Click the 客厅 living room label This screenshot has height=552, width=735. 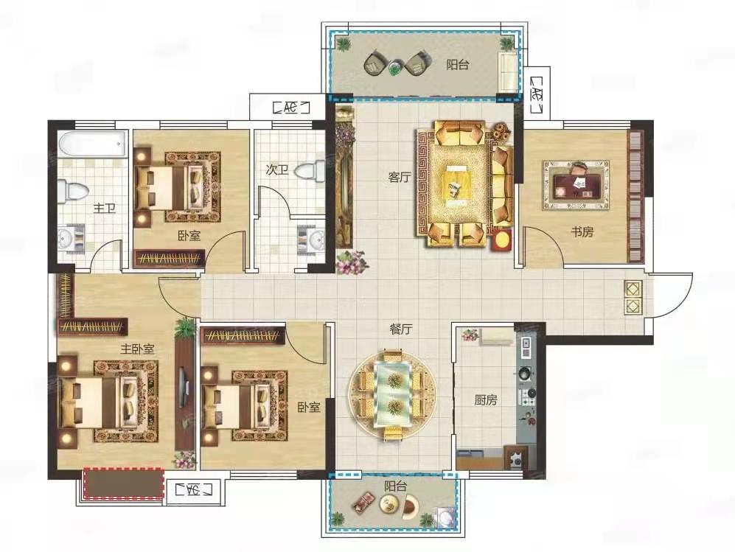(x=400, y=177)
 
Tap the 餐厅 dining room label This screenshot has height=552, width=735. (x=401, y=329)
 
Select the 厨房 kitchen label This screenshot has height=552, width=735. (x=486, y=400)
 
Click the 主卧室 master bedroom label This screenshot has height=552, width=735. (x=137, y=349)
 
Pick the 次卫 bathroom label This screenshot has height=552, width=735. (x=276, y=170)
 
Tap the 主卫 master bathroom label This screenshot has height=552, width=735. (x=104, y=208)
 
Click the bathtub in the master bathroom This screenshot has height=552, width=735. (x=93, y=144)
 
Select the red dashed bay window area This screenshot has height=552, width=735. (x=123, y=483)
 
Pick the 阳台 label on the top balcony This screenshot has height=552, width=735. (x=457, y=65)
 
